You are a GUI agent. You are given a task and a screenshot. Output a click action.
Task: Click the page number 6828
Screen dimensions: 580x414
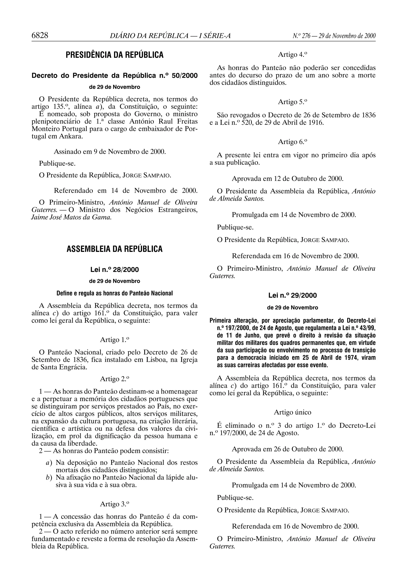click(40, 35)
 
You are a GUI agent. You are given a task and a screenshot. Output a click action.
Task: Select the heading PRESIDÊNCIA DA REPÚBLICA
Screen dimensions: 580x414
click(114, 55)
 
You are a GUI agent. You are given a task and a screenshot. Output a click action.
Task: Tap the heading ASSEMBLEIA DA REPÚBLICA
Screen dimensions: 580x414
click(114, 249)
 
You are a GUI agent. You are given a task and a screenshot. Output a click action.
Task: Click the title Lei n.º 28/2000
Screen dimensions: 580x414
click(114, 270)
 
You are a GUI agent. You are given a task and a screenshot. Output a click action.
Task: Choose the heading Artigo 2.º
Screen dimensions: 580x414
click(114, 379)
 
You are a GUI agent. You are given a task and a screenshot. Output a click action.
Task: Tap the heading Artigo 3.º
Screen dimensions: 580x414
click(114, 504)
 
